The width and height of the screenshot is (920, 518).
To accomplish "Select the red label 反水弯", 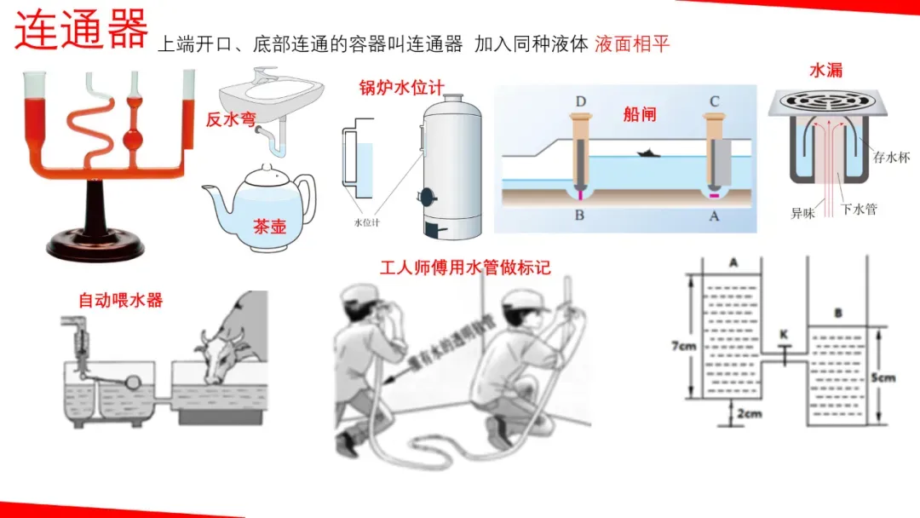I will (230, 120).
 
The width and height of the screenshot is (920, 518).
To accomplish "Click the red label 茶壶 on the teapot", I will (270, 227).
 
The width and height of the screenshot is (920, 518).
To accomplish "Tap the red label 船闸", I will (640, 114).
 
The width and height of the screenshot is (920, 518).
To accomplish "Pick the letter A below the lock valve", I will (714, 216).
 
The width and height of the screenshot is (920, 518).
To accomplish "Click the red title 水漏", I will (825, 70).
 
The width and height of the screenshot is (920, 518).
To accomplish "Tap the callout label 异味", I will (802, 213).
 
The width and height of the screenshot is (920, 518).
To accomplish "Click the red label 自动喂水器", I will (120, 300).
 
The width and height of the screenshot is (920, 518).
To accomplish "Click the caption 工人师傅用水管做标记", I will (465, 268).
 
